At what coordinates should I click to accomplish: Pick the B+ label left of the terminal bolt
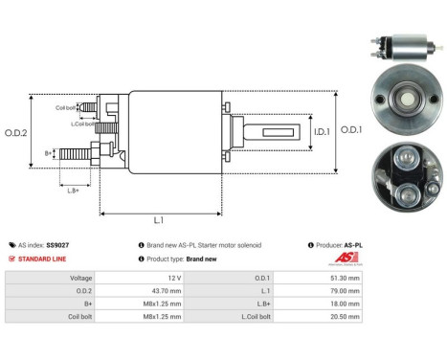49,152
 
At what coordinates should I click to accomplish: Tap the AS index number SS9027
58,245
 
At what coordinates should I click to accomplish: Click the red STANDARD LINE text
44,259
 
